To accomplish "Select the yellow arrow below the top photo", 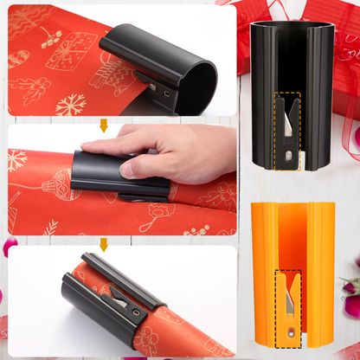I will pyautogui.click(x=104, y=125).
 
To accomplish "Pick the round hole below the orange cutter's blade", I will pyautogui.click(x=285, y=336).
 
